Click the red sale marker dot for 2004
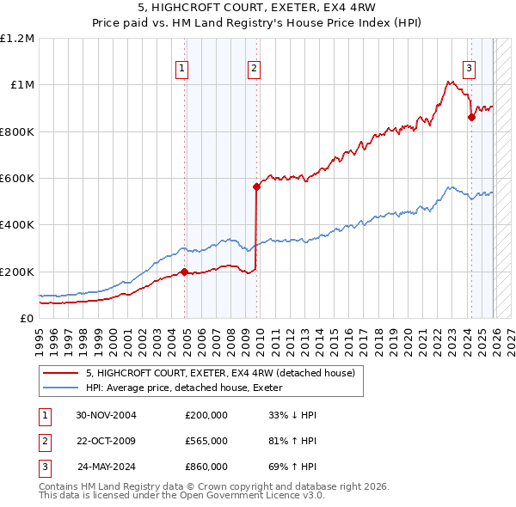(x=185, y=272)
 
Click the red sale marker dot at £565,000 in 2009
(x=256, y=186)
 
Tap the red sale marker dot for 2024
(x=471, y=118)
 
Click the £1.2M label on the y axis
(x=17, y=39)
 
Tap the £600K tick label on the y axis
(x=17, y=179)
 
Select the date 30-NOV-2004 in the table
(x=107, y=415)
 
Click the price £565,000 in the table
(x=206, y=441)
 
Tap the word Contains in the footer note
(x=60, y=486)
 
